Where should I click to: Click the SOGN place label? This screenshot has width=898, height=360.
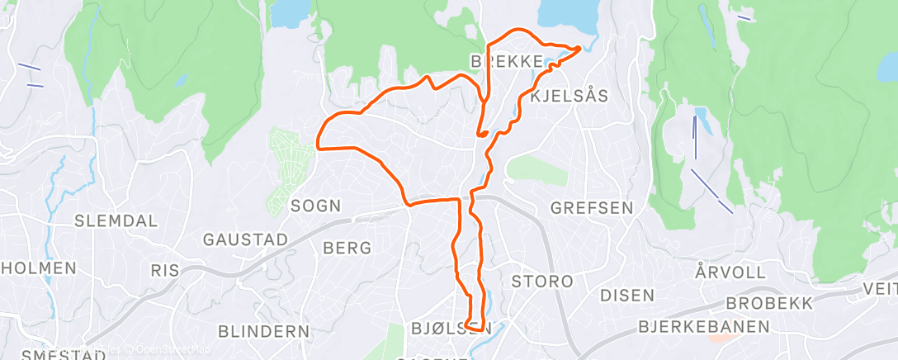[316, 206]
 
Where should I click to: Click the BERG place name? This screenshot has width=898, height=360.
[347, 248]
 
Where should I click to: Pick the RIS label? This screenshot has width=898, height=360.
[164, 270]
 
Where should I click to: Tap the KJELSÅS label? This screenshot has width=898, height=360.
[570, 97]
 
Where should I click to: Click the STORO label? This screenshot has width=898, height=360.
[541, 282]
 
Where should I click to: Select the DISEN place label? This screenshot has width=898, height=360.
[626, 295]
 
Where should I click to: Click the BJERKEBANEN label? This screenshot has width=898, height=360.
[704, 327]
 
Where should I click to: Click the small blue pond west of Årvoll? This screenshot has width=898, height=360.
[701, 113]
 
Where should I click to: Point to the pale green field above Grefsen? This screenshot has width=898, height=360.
[541, 168]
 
